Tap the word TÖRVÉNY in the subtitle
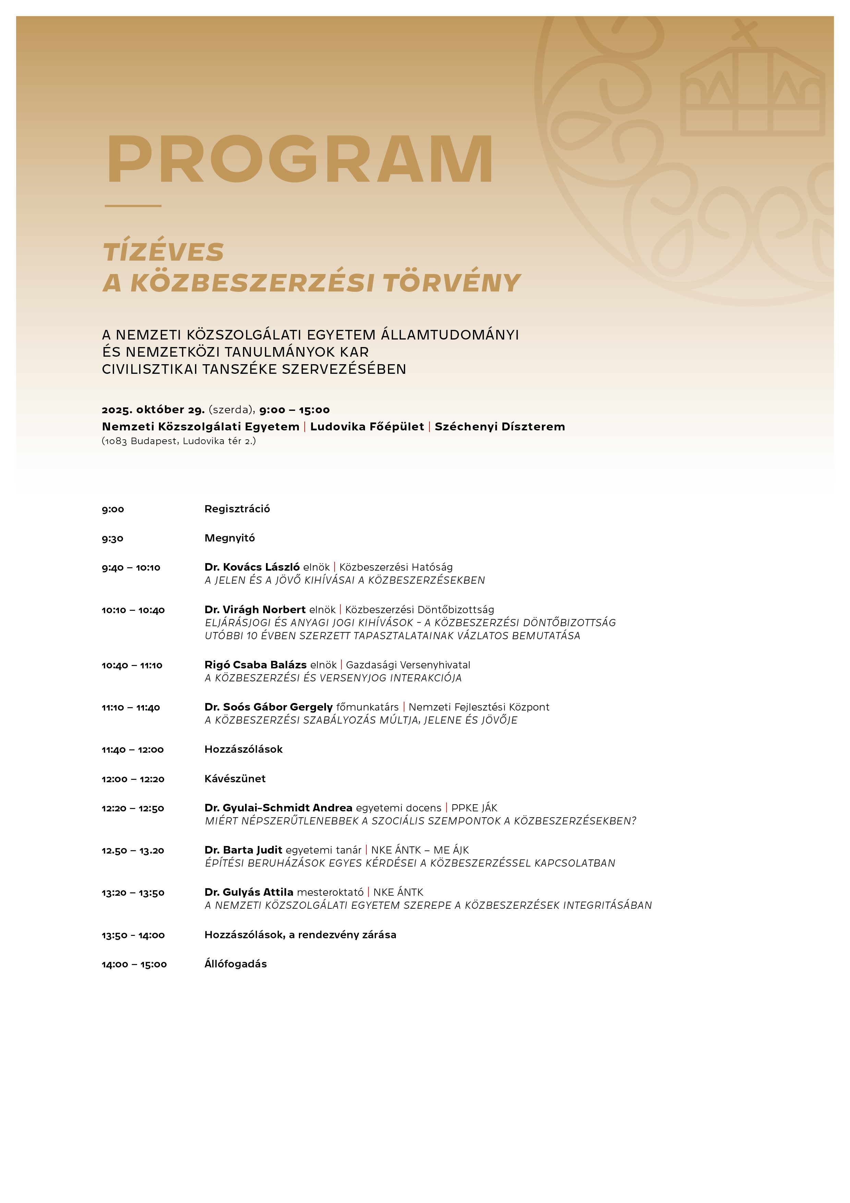tap(451, 283)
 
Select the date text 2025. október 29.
tap(153, 410)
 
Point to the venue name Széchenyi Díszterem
tap(500, 427)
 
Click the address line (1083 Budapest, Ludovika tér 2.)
tap(179, 441)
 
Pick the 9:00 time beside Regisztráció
tap(113, 509)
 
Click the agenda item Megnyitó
tap(229, 538)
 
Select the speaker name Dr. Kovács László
tap(252, 567)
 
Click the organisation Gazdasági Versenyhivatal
tap(408, 665)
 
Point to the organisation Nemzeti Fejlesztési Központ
tap(479, 707)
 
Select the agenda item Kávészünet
tap(235, 778)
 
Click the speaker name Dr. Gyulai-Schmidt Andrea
tap(278, 808)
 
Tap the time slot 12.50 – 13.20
tap(133, 850)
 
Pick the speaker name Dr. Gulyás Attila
tap(249, 892)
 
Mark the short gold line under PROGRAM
tap(133, 206)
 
